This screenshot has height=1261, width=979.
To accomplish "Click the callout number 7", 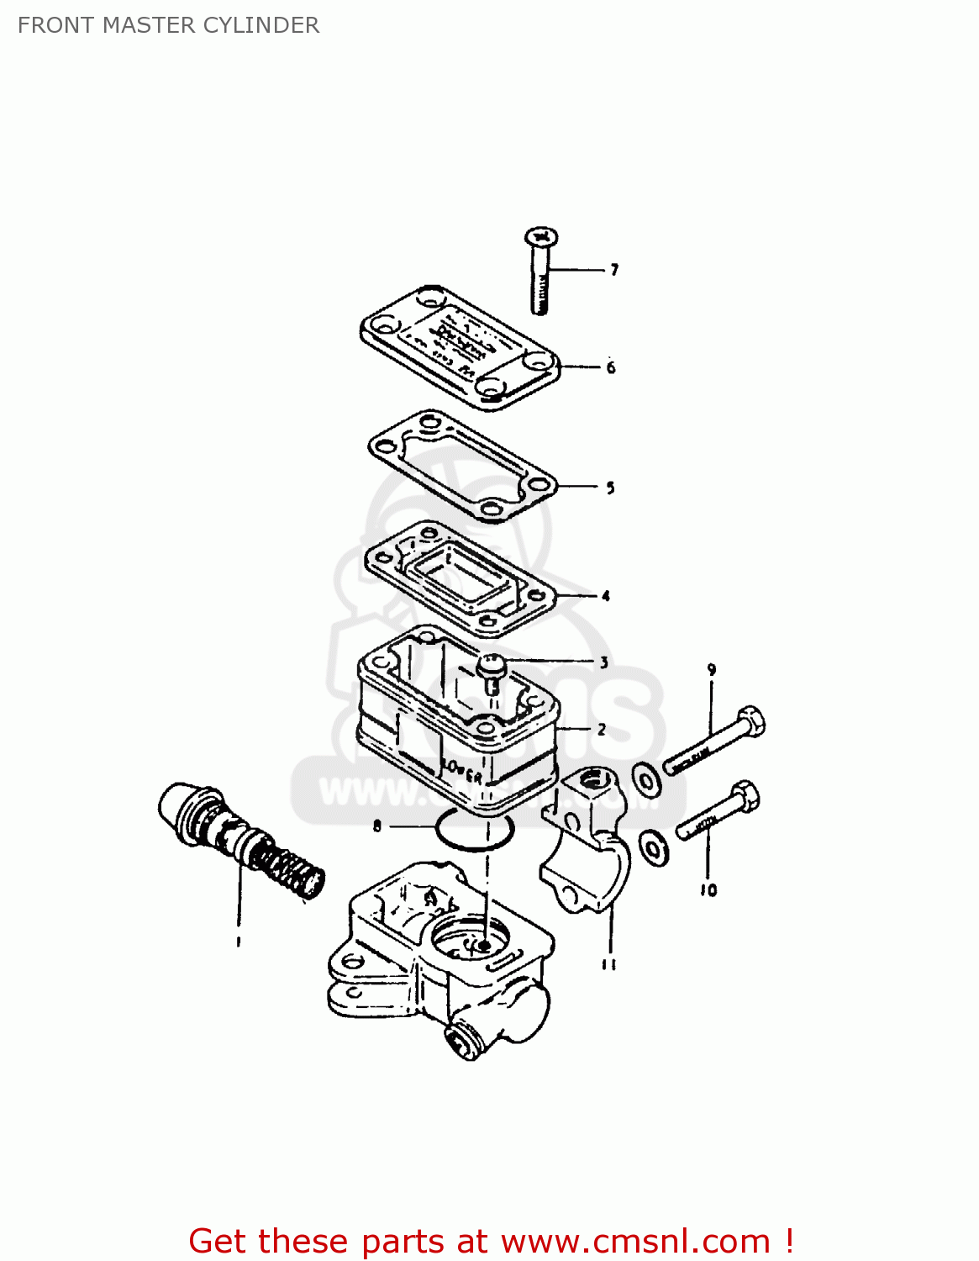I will [614, 270].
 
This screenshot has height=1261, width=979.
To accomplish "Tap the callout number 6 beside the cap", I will [611, 367].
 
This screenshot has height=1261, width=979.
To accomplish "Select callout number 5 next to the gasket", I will [611, 488].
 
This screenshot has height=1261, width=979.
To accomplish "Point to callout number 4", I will [606, 596].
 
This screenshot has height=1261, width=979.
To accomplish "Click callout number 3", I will [603, 662].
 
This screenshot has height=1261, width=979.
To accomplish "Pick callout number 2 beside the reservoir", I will [602, 730].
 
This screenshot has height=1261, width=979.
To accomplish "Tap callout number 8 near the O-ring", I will [377, 826].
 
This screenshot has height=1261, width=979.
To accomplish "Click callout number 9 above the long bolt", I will [712, 670].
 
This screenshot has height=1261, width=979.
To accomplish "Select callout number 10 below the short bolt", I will [708, 890].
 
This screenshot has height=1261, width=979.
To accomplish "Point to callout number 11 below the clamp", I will [609, 965].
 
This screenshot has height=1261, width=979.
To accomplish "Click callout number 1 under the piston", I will [239, 942].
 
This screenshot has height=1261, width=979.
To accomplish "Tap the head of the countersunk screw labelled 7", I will [541, 237].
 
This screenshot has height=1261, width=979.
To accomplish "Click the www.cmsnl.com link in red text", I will [635, 1241].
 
